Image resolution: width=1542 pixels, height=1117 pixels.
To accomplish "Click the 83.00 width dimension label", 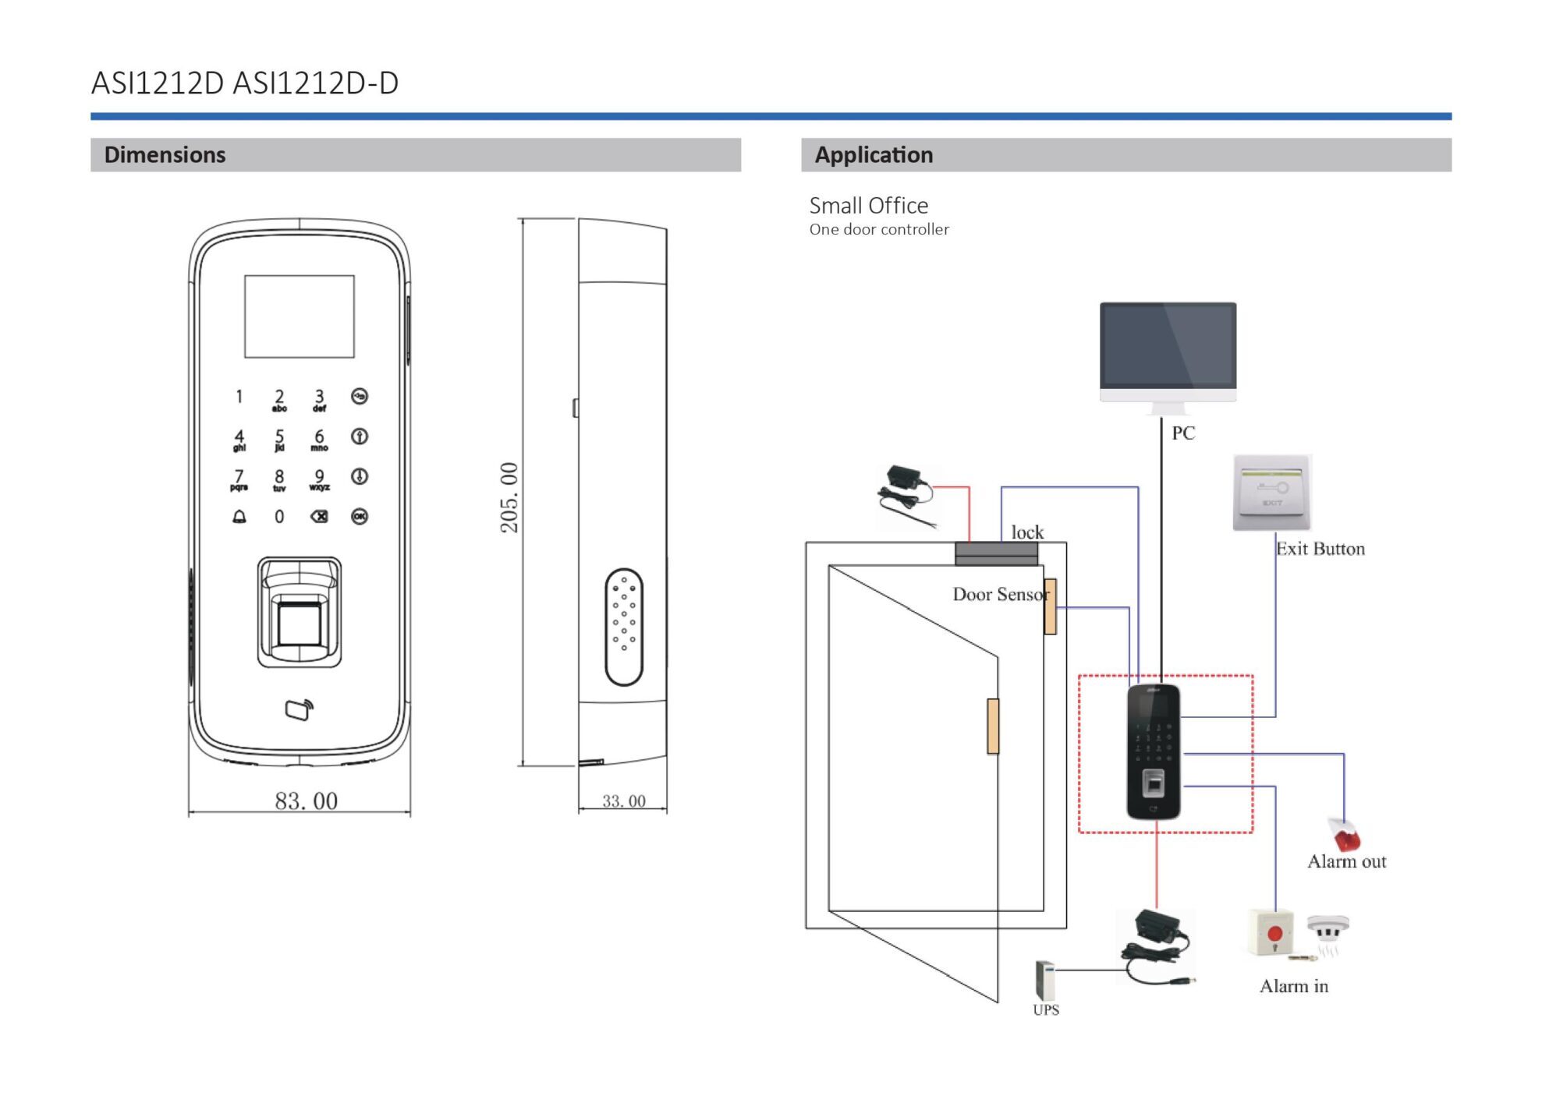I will coord(306,801).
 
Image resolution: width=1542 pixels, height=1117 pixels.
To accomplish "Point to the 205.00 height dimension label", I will coord(509,497).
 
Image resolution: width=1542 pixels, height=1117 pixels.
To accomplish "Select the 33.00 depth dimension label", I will coord(623,801).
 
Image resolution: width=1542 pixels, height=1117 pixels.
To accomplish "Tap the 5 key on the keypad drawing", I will coord(279,438).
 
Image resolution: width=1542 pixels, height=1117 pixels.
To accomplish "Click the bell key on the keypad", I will coord(239,516).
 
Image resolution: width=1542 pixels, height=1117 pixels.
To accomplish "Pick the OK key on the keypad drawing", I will coord(360,516).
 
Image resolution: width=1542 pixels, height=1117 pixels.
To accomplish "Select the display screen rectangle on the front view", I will coord(300,316).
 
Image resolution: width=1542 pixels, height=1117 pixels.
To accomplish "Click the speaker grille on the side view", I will coord(624,626).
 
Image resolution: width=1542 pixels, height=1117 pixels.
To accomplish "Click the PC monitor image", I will coord(1168,351).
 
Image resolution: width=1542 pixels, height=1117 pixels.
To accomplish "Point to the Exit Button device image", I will coord(1272,493).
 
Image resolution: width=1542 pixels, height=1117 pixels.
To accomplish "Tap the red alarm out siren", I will coord(1345,835).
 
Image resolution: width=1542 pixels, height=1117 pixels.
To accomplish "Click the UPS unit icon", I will coord(1044,980).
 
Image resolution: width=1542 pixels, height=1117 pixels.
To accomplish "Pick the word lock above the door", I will coord(1026,532).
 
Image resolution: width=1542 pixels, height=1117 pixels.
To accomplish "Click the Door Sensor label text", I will coord(1000,594).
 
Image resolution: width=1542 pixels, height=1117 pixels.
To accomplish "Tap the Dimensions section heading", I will coord(165,154).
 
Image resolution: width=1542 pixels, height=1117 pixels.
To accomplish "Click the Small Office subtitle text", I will coord(868,205).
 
